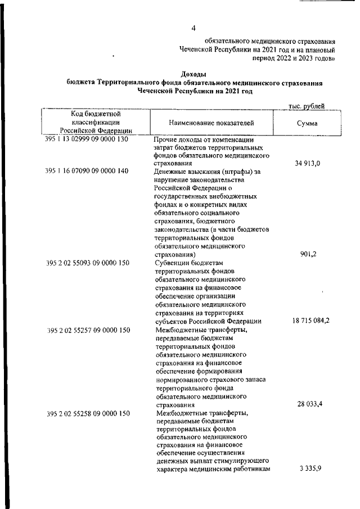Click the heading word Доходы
click(x=193, y=74)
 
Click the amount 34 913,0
click(x=307, y=164)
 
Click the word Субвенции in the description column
click(x=172, y=263)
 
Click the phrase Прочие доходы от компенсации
click(x=203, y=139)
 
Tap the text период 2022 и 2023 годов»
click(x=294, y=57)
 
